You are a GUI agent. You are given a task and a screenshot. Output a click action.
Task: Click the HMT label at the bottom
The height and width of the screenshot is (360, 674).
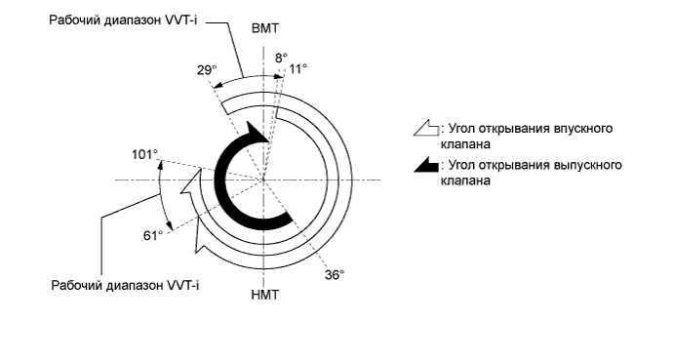tap(264, 295)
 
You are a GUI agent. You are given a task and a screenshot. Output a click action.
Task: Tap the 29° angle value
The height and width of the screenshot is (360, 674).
tap(205, 70)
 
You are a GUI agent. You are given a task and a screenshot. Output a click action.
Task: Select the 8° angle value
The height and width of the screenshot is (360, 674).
tap(280, 59)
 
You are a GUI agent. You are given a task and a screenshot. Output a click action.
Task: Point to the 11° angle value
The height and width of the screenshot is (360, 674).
tap(298, 69)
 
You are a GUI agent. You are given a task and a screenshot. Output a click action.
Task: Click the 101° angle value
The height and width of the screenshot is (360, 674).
tap(145, 154)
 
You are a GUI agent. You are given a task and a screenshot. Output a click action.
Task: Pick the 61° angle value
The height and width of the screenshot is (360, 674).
tap(151, 236)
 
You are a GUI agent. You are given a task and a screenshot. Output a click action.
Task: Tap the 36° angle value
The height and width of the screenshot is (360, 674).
tap(335, 275)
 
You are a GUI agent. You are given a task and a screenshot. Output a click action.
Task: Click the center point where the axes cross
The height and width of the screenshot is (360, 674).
tap(263, 180)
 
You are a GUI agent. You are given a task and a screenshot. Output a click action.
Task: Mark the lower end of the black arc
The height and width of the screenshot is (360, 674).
tap(287, 220)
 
